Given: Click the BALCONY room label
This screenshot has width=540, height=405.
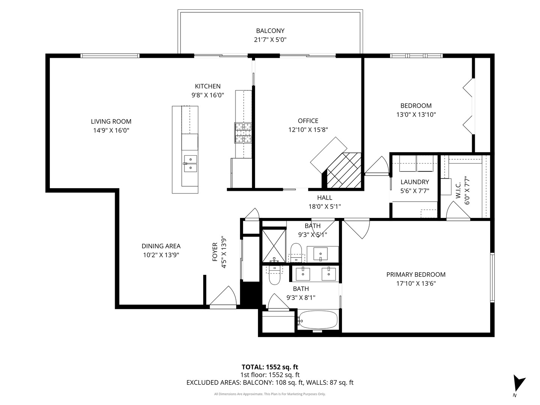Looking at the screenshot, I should coord(270,31).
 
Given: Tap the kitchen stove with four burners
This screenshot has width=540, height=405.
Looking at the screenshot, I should coord(243,133).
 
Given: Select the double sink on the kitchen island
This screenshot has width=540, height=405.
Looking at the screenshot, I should coord(190,164).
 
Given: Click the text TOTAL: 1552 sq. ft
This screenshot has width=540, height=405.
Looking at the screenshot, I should coord(270,367).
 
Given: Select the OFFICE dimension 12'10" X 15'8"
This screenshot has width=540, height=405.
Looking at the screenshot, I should coord(308,130).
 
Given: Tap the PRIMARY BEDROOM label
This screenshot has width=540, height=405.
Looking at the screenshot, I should coord(416,274).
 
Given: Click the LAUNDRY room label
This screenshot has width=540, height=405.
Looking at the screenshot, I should coord(414,182).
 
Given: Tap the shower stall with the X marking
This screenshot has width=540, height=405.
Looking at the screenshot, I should coord(274,246).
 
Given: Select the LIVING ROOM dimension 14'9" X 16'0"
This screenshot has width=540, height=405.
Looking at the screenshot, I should coord(111,130).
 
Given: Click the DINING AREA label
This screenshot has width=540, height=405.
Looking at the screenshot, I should coord(161,246).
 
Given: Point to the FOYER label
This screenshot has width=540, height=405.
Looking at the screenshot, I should coord(215,252).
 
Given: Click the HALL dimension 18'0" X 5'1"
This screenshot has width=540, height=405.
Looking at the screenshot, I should coord(324,206).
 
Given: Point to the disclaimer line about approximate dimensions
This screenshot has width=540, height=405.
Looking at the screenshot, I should coord(270,394).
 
